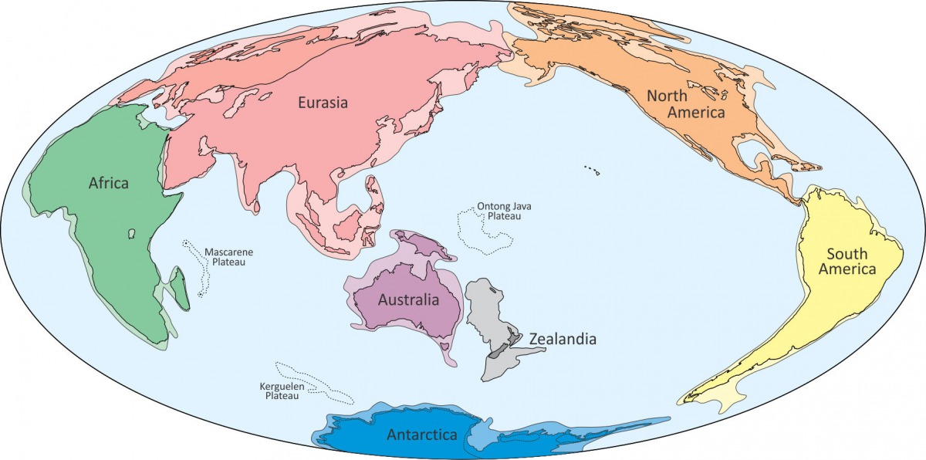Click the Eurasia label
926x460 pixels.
click(x=323, y=102)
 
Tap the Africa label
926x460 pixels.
click(x=108, y=184)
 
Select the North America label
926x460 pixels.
click(x=686, y=104)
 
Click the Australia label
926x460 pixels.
click(x=407, y=299)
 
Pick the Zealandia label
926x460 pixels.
click(x=563, y=338)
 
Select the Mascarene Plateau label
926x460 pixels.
click(x=228, y=257)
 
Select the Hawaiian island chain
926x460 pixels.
click(x=592, y=169)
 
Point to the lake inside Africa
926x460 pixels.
click(x=133, y=232)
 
